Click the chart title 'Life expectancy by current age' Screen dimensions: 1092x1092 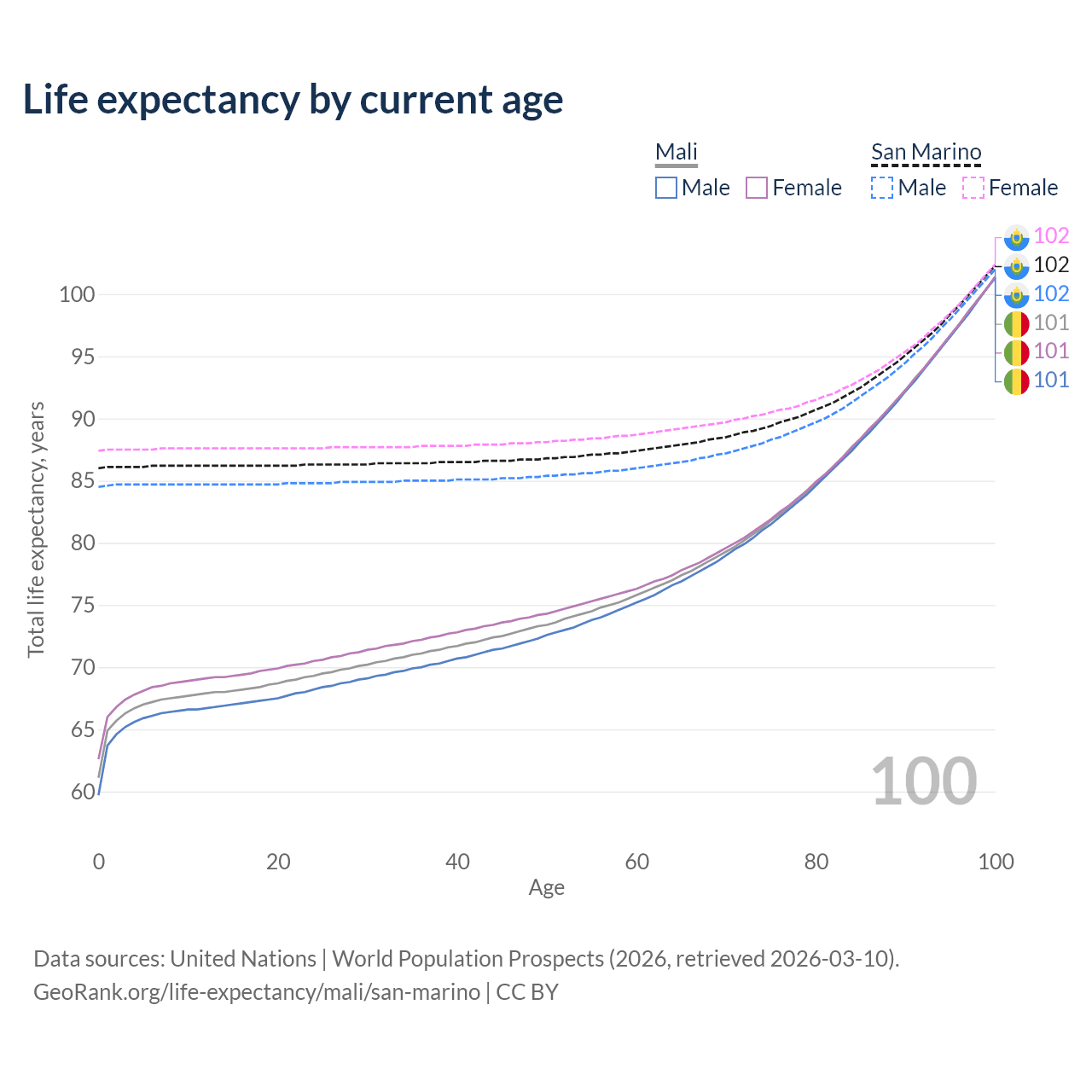pyautogui.click(x=293, y=100)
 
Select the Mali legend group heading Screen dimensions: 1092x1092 pyautogui.click(x=677, y=153)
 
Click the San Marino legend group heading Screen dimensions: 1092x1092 pyautogui.click(x=926, y=153)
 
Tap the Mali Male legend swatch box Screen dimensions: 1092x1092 pyautogui.click(x=666, y=188)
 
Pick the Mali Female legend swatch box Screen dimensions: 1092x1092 pyautogui.click(x=757, y=188)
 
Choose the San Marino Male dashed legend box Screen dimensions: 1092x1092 pyautogui.click(x=882, y=188)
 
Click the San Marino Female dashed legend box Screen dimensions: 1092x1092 pyautogui.click(x=973, y=188)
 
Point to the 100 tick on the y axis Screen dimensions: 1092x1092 pyautogui.click(x=76, y=295)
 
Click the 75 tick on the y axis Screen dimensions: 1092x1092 pyautogui.click(x=82, y=606)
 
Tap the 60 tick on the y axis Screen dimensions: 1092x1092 pyautogui.click(x=82, y=793)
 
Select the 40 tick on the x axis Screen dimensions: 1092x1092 pyautogui.click(x=457, y=862)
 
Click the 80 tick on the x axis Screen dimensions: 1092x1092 pyautogui.click(x=816, y=862)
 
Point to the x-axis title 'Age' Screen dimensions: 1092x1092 pyautogui.click(x=546, y=888)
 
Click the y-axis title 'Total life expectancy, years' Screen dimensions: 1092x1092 pyautogui.click(x=36, y=529)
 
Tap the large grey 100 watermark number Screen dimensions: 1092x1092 pyautogui.click(x=924, y=781)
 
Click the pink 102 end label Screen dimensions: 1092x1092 pyautogui.click(x=1051, y=236)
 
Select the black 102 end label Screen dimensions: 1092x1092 pyautogui.click(x=1051, y=265)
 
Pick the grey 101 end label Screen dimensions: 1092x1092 pyautogui.click(x=1051, y=322)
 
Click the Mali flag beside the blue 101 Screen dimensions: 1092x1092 pyautogui.click(x=1016, y=380)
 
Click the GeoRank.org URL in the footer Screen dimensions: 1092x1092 pyautogui.click(x=256, y=992)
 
